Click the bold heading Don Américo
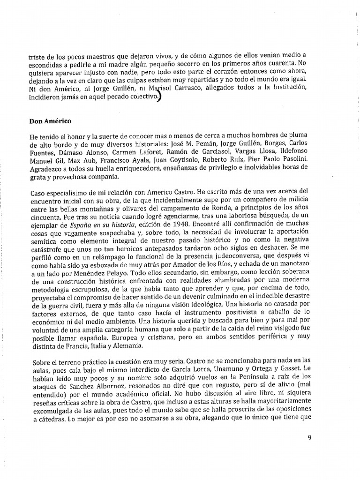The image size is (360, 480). click(x=51, y=121)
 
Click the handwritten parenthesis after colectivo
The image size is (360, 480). click(x=160, y=96)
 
